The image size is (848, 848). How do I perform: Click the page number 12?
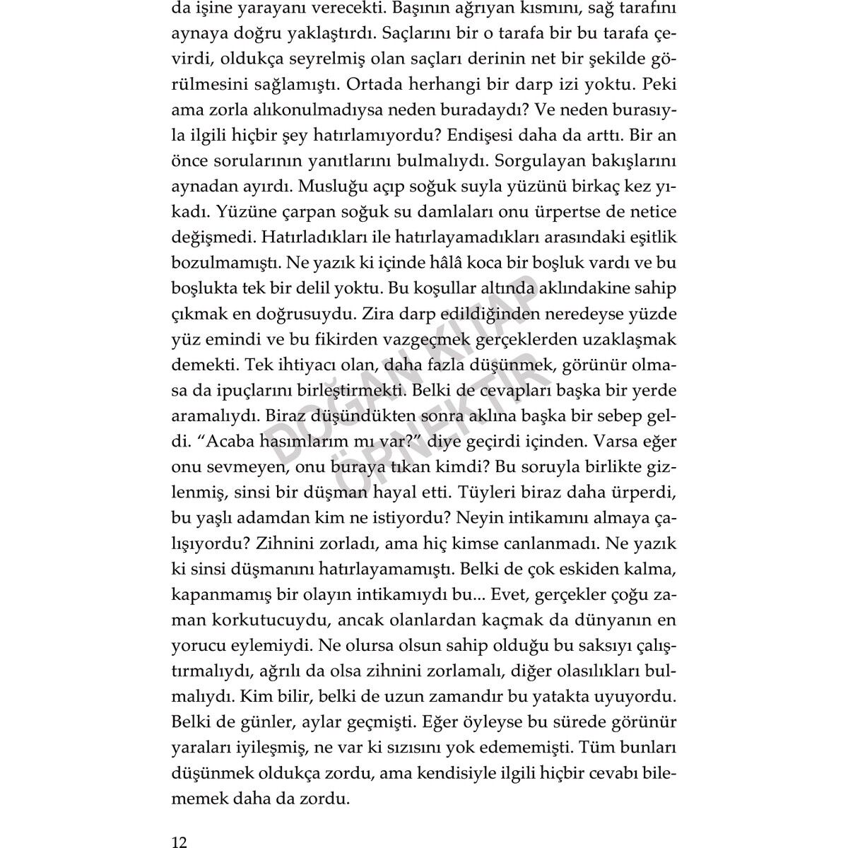coord(179,823)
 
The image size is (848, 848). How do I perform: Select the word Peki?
coord(660,83)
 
